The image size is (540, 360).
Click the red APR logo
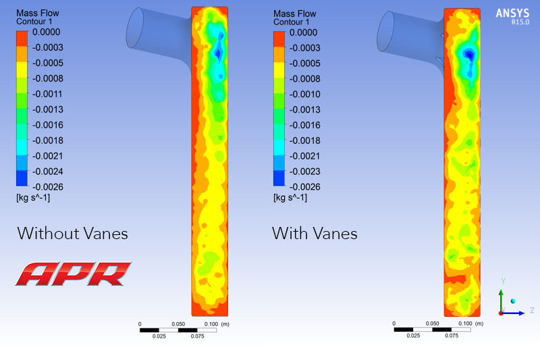pyautogui.click(x=74, y=274)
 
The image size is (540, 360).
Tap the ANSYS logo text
pyautogui.click(x=512, y=14)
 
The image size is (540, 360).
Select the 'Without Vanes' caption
pyautogui.click(x=73, y=233)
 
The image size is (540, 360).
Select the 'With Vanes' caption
pyautogui.click(x=315, y=233)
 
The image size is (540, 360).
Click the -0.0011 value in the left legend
pyautogui.click(x=47, y=94)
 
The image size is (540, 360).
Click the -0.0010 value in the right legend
pyautogui.click(x=305, y=94)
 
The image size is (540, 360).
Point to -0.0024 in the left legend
pyautogui.click(x=47, y=171)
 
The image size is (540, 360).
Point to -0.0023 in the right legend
pyautogui.click(x=305, y=171)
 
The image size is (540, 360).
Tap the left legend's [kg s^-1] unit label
pyautogui.click(x=33, y=198)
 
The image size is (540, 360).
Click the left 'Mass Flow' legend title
pyautogui.click(x=38, y=13)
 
